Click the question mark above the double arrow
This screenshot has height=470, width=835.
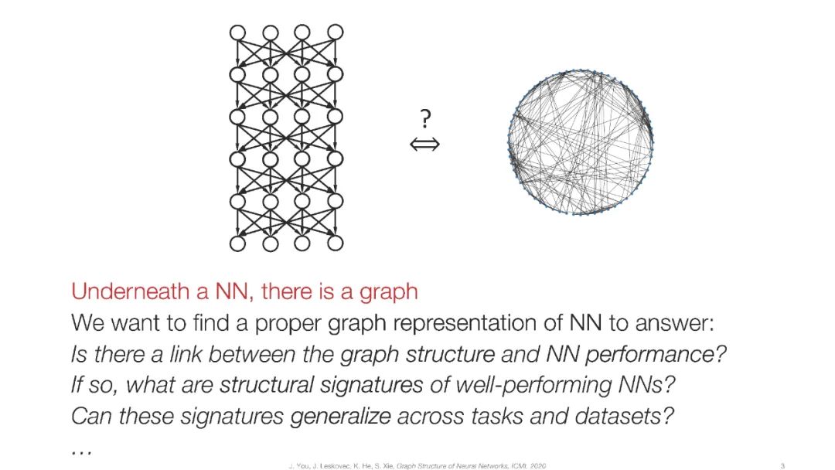(424, 119)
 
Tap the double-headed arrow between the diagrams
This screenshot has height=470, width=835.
(424, 144)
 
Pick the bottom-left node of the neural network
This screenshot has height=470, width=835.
(237, 244)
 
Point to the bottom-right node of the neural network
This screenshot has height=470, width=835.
(335, 244)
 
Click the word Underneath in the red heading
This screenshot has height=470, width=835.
(119, 292)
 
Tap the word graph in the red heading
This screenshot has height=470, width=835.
(388, 292)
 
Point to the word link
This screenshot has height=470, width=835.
(186, 355)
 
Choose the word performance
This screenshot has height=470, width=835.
(670, 355)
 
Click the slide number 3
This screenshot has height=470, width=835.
(782, 465)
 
